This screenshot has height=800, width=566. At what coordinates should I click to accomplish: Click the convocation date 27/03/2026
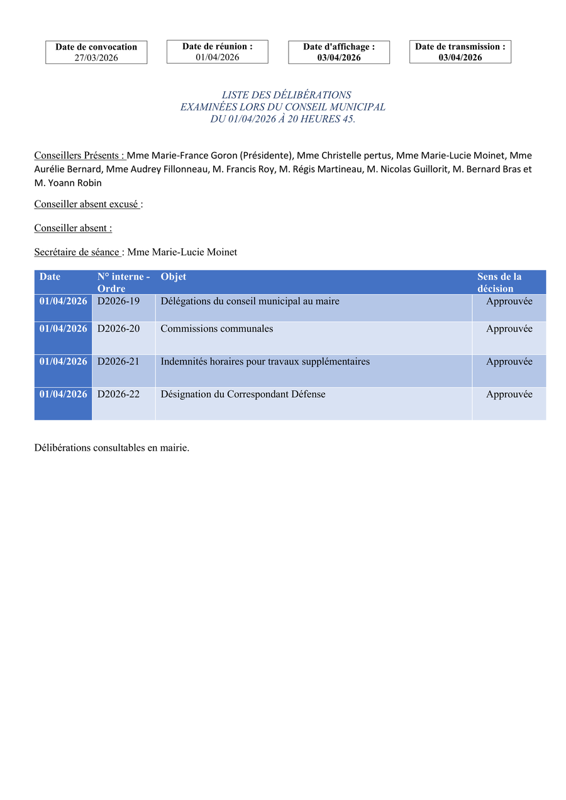96,58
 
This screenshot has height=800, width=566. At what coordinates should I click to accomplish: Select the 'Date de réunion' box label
217,46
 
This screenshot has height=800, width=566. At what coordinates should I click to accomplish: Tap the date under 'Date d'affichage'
339,58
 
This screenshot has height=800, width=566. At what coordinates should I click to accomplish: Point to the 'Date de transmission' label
460,47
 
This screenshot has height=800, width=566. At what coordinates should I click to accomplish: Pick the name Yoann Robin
73,183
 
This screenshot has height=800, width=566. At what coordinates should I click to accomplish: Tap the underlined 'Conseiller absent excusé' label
87,204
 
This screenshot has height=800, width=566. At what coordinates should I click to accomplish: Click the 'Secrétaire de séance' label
77,252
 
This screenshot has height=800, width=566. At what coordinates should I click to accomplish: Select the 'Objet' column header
174,277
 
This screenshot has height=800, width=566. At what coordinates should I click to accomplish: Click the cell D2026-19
119,302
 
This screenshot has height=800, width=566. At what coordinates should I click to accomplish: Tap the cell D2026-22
119,395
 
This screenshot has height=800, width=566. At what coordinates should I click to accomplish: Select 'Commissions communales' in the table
217,329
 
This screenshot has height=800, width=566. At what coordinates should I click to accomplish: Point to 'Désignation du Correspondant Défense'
243,395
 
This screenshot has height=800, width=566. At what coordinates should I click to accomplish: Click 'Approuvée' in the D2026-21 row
509,362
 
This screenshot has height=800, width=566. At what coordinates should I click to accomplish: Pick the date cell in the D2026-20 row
64,329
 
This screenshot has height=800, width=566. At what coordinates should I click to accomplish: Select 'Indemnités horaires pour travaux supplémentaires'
265,362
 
